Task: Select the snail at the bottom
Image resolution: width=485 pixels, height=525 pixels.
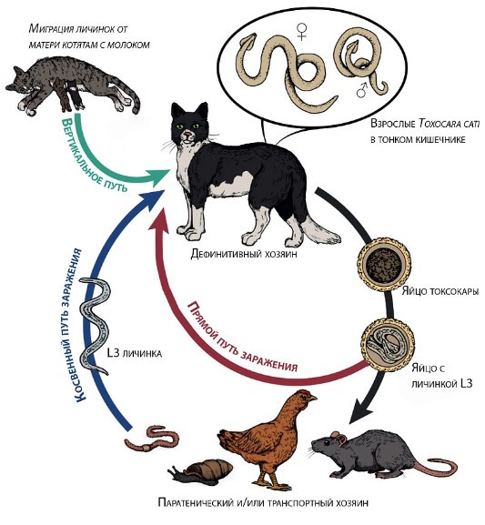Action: click(201, 470)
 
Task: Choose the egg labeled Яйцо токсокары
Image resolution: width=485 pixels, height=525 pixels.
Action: click(384, 265)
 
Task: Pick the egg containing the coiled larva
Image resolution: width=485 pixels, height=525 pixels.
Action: click(388, 344)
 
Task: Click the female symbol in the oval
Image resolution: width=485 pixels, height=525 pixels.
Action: click(302, 31)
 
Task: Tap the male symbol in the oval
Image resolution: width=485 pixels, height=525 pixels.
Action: click(362, 90)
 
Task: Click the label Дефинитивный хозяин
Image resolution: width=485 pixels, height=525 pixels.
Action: click(244, 254)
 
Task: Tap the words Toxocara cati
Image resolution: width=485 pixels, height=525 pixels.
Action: click(450, 124)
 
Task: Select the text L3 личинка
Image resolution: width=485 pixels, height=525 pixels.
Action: click(134, 352)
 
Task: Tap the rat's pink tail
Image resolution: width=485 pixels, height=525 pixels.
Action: click(436, 467)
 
